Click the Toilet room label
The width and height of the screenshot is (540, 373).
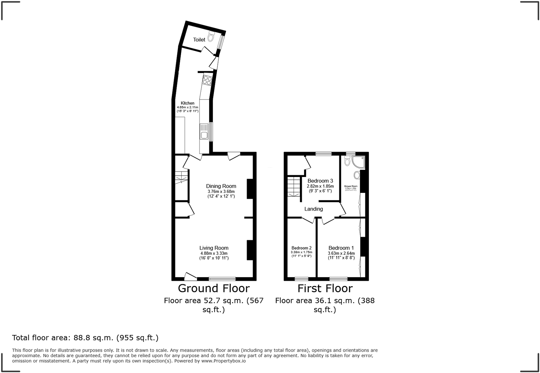199,40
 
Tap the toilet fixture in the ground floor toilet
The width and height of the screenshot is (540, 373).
211,36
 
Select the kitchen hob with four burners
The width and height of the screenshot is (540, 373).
207,80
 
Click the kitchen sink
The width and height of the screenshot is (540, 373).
204,132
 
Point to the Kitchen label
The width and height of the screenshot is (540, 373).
188,103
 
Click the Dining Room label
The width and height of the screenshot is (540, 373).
221,186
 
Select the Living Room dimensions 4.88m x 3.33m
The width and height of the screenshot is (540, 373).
214,253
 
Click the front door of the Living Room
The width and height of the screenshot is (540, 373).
190,276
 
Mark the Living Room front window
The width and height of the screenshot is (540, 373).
222,279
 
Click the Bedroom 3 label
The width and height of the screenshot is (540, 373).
320,181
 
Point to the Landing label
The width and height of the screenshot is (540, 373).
314,209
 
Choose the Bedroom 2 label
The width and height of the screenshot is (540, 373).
301,248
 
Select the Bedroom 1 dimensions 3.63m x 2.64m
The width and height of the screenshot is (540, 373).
341,253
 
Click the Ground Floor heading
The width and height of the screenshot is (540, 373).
214,288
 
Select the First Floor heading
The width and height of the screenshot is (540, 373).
325,288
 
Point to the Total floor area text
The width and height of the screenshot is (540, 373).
85,338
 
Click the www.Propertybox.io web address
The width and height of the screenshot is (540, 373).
224,361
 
